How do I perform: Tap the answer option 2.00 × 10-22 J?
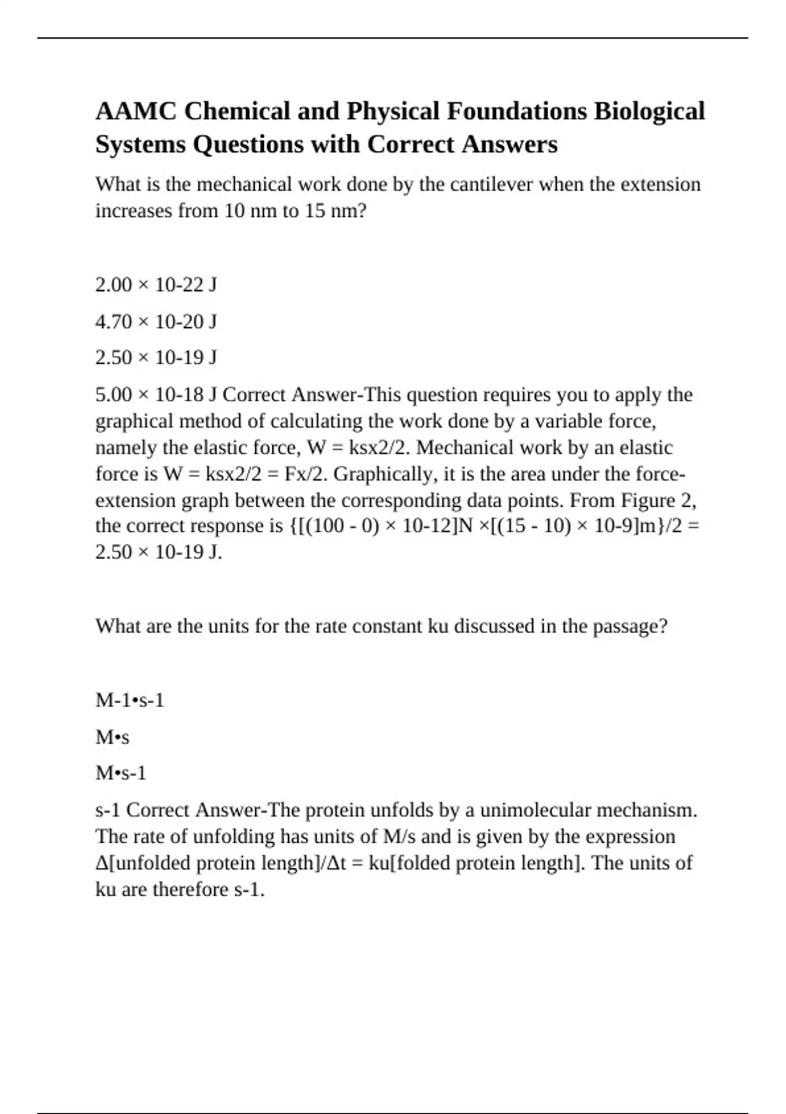(156, 285)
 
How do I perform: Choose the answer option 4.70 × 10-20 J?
(156, 322)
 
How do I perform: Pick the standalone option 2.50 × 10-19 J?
(156, 358)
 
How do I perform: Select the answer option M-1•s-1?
(130, 701)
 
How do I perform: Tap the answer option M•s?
(112, 738)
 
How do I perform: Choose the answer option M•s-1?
(121, 773)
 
